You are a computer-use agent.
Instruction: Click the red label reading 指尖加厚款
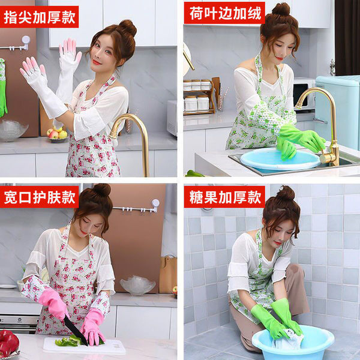(40, 16)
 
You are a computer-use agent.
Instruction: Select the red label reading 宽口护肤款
(40, 197)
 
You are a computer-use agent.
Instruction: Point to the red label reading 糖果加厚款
(224, 197)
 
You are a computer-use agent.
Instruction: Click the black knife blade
(76, 330)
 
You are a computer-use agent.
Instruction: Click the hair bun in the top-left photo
(127, 28)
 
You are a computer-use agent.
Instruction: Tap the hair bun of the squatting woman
(286, 193)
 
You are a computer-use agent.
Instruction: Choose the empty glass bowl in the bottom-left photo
(137, 285)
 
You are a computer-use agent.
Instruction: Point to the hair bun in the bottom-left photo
(101, 191)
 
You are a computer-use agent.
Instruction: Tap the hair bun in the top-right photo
(280, 10)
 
